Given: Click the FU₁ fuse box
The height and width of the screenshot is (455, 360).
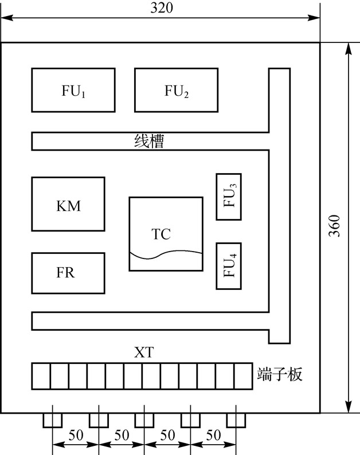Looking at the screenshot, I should tap(73, 90).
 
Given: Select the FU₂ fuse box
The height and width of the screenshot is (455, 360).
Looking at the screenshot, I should tap(176, 90).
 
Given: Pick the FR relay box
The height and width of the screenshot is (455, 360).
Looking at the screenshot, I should tap(68, 272).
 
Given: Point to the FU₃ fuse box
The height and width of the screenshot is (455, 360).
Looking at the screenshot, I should tap(229, 197).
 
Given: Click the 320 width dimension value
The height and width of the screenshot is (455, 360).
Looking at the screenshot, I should tap(161, 7).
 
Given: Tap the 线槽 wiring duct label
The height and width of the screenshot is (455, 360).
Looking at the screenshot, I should tap(149, 141).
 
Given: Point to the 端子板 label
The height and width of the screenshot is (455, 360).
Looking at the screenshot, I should tap(280, 376).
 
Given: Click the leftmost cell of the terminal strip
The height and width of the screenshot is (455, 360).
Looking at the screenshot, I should tap(41, 376).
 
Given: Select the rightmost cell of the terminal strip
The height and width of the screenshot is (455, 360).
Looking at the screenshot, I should tap(243, 376).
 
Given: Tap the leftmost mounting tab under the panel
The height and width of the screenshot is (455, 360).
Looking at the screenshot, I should tap(52, 420).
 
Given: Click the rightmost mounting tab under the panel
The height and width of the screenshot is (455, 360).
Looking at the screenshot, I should tap(236, 420).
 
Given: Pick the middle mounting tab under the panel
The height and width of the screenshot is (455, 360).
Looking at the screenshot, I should tap(144, 420).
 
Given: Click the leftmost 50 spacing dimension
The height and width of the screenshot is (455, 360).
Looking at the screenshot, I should tap(75, 435).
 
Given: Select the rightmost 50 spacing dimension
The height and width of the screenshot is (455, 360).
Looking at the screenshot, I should tap(213, 435).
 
